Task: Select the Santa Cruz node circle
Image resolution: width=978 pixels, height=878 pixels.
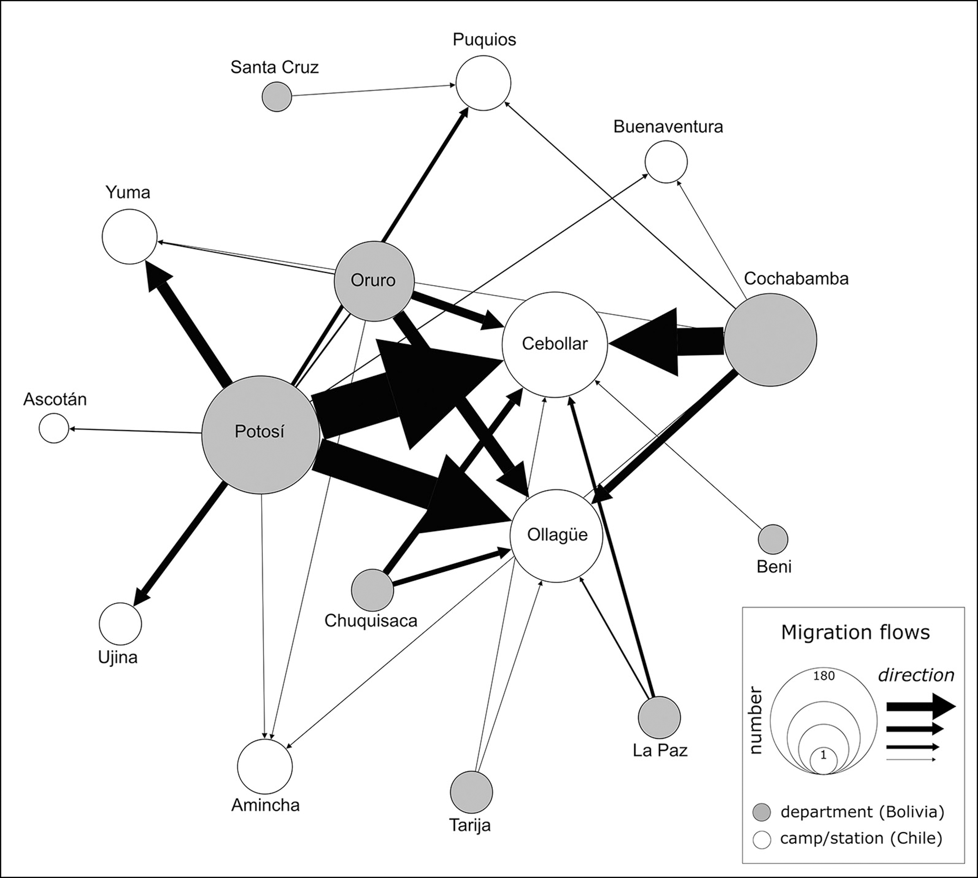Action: click(x=277, y=97)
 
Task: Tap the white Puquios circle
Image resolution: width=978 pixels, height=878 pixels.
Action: click(x=483, y=83)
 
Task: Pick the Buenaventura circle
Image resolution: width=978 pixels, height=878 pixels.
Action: click(x=666, y=162)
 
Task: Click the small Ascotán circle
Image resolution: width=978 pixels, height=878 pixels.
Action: click(x=54, y=428)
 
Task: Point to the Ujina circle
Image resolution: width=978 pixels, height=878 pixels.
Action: click(x=121, y=623)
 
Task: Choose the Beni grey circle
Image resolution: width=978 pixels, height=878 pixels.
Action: click(x=773, y=539)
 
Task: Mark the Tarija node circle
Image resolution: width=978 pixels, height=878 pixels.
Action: click(x=471, y=792)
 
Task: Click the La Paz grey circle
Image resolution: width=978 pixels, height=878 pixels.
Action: click(x=659, y=718)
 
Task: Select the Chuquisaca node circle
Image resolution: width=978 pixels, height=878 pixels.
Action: click(x=372, y=590)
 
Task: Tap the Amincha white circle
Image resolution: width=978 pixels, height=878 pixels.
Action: click(x=265, y=766)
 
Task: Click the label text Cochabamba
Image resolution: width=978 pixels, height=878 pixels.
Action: click(x=796, y=279)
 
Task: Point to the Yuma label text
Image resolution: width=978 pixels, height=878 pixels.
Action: click(x=128, y=193)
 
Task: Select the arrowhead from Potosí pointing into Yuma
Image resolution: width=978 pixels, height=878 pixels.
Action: click(x=157, y=278)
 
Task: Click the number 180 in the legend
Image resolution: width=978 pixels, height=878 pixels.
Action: click(x=824, y=676)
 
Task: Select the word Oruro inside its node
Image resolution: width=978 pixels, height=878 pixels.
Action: click(x=373, y=280)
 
